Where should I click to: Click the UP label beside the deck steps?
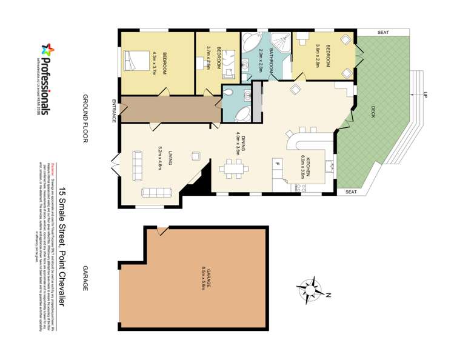click(x=425, y=95)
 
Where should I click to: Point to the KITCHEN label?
click(x=309, y=165)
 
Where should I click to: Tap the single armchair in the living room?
click(x=196, y=155)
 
